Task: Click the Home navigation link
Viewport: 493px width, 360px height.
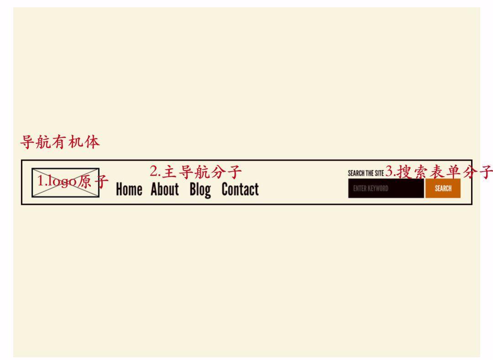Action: tap(129, 189)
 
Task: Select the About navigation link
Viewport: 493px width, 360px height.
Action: tap(164, 189)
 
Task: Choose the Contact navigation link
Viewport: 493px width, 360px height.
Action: tap(240, 189)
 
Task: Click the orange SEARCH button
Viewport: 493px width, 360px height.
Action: tap(443, 188)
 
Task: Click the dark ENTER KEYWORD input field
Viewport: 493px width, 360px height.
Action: tap(386, 188)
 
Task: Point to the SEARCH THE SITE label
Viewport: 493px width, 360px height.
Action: tap(366, 173)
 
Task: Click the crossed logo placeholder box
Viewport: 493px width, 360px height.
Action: tap(65, 183)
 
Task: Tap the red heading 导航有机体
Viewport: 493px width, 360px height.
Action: tap(60, 142)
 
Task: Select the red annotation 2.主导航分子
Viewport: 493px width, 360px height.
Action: tap(195, 172)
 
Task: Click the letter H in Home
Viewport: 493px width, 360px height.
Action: tap(120, 189)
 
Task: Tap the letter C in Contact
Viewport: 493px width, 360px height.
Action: tap(226, 189)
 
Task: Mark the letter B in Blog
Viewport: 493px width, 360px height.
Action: tap(193, 189)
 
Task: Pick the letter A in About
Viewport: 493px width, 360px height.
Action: tap(155, 189)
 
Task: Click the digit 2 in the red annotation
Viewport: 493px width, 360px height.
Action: tap(153, 172)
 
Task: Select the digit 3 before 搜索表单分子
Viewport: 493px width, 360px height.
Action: tap(389, 172)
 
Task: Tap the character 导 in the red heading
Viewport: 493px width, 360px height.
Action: tap(27, 142)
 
